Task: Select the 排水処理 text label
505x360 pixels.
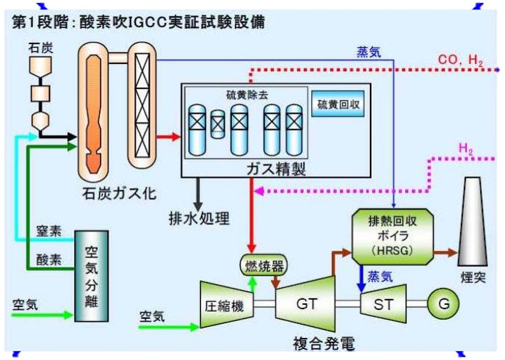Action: (x=200, y=218)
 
